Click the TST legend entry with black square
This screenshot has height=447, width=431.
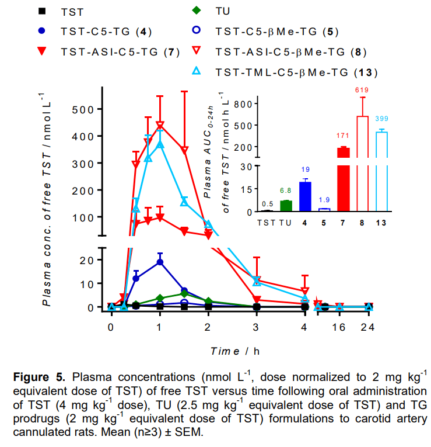(x=62, y=11)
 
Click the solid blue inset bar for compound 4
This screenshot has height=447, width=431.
(x=304, y=196)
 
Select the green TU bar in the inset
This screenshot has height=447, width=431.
(x=285, y=205)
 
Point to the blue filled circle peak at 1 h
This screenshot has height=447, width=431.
(x=160, y=262)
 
